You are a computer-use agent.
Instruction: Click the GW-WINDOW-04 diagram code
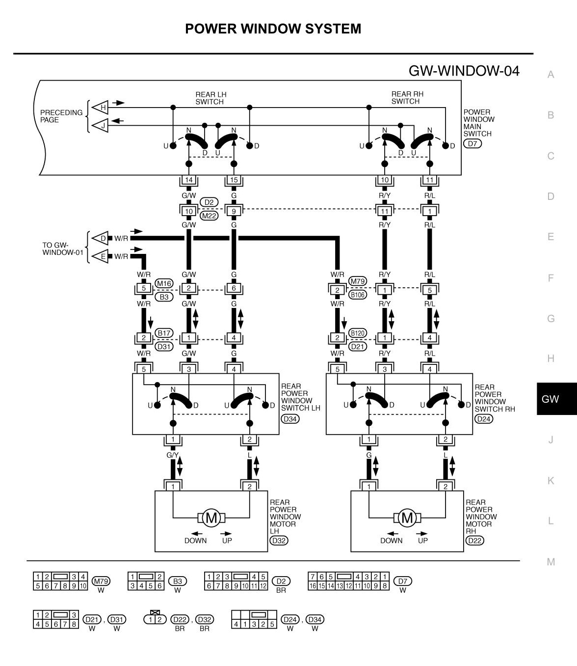tap(464, 71)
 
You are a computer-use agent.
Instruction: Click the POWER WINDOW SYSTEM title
tap(273, 28)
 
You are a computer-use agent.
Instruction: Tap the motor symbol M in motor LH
tap(211, 517)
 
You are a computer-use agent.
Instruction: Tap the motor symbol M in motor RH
tap(407, 517)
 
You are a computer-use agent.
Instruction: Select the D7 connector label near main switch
tap(472, 143)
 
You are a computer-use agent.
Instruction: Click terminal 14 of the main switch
tap(189, 180)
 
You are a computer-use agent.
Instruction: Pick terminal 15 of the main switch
tap(234, 180)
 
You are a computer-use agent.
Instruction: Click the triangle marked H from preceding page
tap(101, 107)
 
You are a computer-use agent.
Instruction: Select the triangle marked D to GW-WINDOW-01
tap(101, 238)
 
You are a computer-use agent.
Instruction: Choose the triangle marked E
tap(101, 256)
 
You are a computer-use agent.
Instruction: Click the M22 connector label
tap(210, 215)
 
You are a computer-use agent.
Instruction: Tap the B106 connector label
tap(357, 295)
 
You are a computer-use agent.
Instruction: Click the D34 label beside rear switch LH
tap(290, 419)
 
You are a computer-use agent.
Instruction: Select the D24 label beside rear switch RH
tap(484, 419)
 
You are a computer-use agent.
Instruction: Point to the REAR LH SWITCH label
tap(210, 98)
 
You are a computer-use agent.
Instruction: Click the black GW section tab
tap(556, 399)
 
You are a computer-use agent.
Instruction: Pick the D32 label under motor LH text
tap(279, 540)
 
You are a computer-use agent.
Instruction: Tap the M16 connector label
tap(164, 283)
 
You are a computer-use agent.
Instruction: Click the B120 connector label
tap(357, 333)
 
